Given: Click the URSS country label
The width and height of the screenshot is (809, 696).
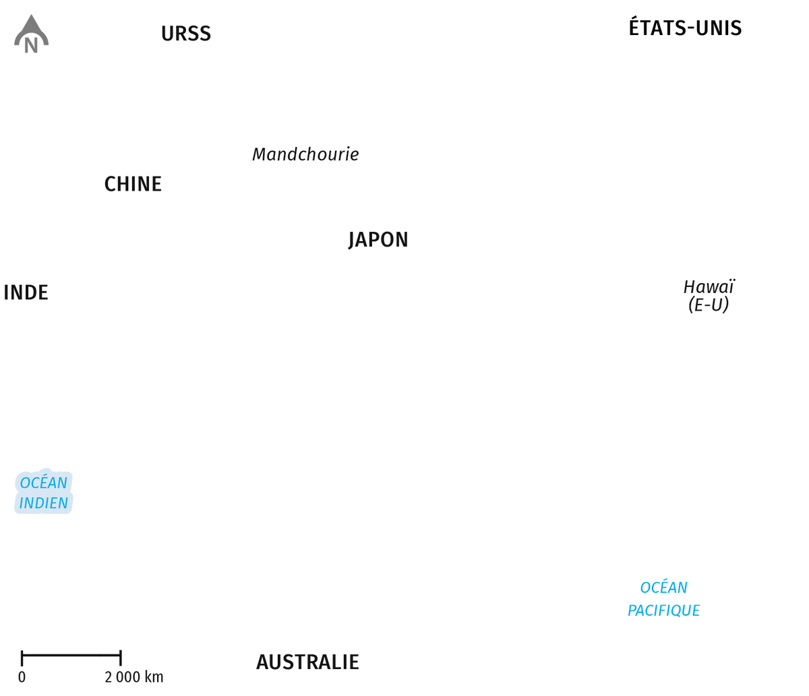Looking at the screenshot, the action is (x=186, y=34).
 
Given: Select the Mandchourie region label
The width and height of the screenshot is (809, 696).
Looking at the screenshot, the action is (x=305, y=154).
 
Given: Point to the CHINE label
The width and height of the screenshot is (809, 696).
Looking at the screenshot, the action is (x=133, y=184).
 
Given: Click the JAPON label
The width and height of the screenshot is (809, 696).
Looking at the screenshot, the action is (x=378, y=240).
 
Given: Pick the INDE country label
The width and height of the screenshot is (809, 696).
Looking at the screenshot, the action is (x=26, y=292).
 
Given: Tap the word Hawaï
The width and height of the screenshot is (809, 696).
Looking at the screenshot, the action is (x=709, y=287).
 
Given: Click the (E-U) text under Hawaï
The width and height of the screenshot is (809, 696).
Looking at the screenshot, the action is (x=709, y=305).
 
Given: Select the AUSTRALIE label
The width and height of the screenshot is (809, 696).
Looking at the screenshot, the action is (x=307, y=662).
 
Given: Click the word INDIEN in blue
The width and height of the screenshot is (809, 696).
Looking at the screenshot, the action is (x=43, y=503).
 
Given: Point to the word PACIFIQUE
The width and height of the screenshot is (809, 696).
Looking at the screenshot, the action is (x=664, y=610).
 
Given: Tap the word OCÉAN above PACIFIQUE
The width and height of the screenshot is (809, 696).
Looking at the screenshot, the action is (x=664, y=587).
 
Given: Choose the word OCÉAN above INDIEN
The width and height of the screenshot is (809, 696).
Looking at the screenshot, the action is (x=43, y=482).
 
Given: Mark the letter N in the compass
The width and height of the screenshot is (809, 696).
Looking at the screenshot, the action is (x=31, y=46).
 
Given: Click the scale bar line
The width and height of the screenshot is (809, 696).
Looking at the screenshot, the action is (x=71, y=655).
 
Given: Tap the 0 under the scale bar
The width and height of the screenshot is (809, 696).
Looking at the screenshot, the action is (x=22, y=677).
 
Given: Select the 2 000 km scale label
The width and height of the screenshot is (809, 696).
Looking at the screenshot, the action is (x=134, y=677).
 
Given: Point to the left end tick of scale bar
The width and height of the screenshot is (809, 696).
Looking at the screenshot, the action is (x=22, y=658).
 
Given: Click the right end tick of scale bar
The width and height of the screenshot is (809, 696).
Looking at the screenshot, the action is (x=121, y=658).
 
